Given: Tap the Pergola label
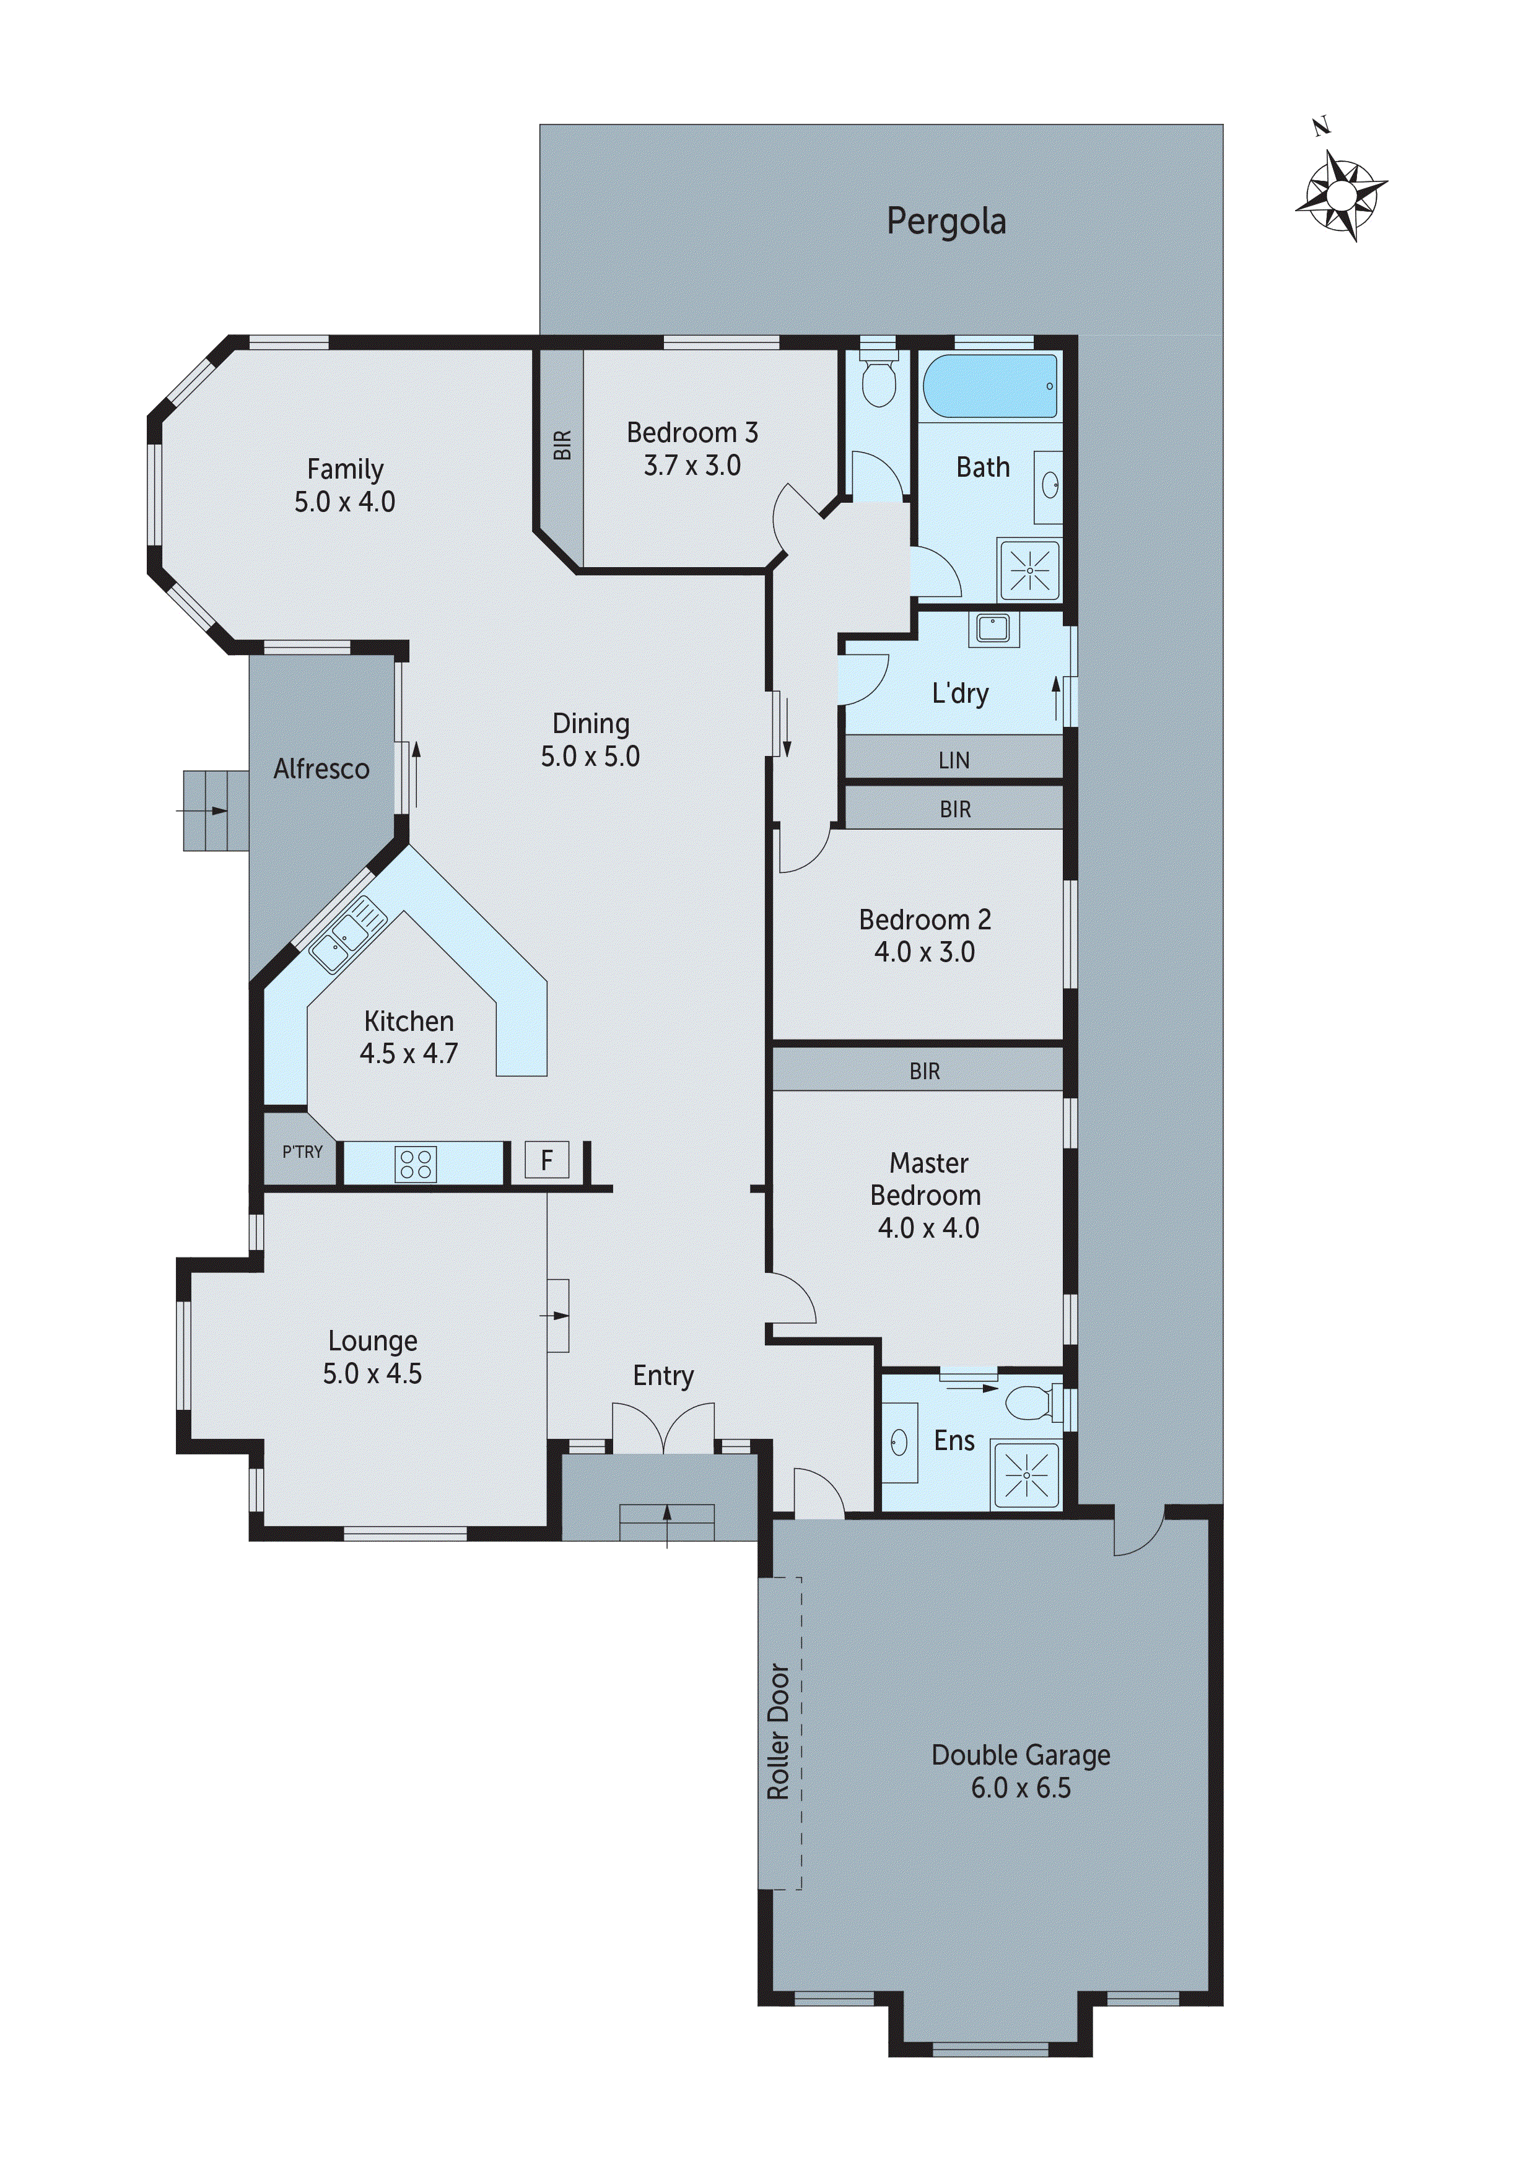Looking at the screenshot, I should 946,222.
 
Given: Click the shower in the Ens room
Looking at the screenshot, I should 1027,1474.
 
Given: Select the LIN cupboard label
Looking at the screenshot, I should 953,760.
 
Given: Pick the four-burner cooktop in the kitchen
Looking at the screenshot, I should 416,1163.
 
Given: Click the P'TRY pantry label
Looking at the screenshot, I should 302,1152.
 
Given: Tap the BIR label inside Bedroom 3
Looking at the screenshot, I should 562,445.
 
